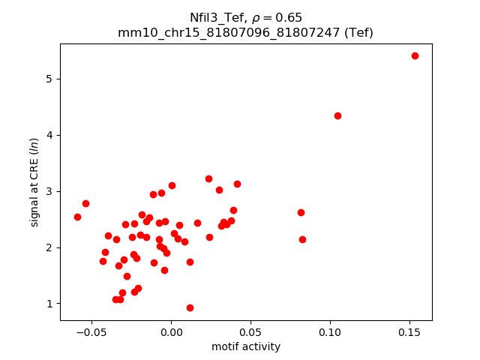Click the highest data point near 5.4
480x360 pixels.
(x=415, y=55)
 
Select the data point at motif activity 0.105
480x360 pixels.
(x=337, y=115)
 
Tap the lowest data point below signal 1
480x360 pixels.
(x=190, y=307)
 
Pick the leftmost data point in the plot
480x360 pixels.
(x=77, y=217)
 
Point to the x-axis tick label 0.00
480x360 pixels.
(x=171, y=332)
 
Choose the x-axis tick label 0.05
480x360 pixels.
(x=250, y=332)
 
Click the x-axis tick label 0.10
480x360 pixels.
(x=330, y=332)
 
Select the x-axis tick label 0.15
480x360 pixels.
(x=409, y=332)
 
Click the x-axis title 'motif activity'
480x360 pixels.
(x=246, y=346)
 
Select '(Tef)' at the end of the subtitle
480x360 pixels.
(x=358, y=32)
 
